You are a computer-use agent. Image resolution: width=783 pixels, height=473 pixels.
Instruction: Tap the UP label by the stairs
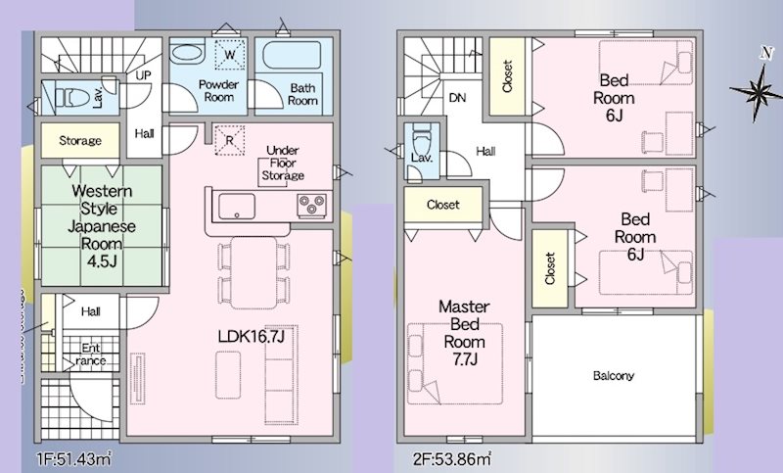pyautogui.click(x=143, y=76)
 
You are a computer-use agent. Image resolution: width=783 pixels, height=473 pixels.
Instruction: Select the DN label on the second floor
pyautogui.click(x=457, y=98)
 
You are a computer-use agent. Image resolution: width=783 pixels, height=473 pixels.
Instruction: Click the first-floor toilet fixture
pyautogui.click(x=70, y=97)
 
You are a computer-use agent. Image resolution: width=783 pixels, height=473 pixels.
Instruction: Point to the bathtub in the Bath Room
pyautogui.click(x=292, y=55)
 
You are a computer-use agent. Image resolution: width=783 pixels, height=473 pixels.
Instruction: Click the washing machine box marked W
pyautogui.click(x=229, y=55)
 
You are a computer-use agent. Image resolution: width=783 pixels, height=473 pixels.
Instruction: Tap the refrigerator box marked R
pyautogui.click(x=229, y=140)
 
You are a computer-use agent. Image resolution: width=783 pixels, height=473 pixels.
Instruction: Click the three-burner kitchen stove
pyautogui.click(x=312, y=206)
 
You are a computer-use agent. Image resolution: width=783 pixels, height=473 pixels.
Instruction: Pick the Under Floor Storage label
pyautogui.click(x=283, y=163)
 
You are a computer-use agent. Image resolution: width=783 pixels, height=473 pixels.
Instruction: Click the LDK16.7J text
pyautogui.click(x=252, y=337)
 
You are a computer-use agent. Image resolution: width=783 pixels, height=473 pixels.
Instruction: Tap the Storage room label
pyautogui.click(x=80, y=141)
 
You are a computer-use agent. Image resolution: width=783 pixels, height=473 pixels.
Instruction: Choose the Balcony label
pyautogui.click(x=614, y=376)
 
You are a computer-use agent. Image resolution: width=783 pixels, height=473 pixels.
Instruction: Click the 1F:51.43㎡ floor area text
pyautogui.click(x=74, y=458)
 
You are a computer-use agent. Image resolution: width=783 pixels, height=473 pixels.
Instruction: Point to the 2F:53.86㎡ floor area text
pyautogui.click(x=452, y=458)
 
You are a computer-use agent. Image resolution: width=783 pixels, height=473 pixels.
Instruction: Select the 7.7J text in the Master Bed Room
pyautogui.click(x=464, y=359)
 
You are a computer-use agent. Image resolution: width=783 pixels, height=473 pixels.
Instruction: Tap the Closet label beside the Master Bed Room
pyautogui.click(x=443, y=205)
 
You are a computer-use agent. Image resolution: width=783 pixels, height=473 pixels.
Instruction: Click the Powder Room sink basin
pyautogui.click(x=187, y=54)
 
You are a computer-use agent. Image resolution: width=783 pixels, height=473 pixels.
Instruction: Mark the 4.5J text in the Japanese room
pyautogui.click(x=102, y=261)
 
